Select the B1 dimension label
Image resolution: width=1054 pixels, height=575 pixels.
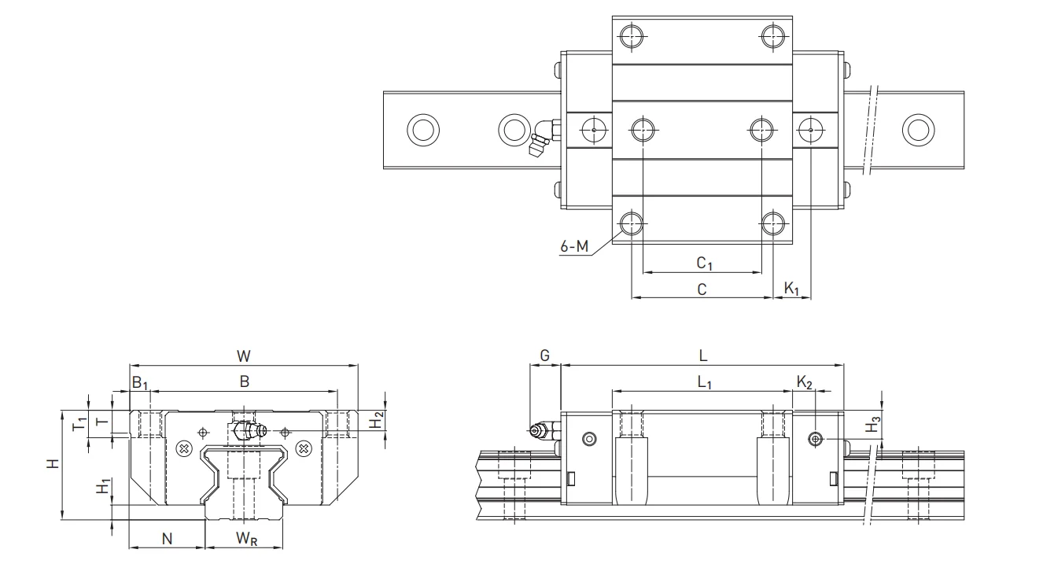(x=139, y=383)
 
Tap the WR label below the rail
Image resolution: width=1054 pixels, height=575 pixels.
(x=245, y=539)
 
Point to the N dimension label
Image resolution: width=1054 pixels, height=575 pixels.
(x=167, y=539)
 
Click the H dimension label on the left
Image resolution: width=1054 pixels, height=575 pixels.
(x=52, y=464)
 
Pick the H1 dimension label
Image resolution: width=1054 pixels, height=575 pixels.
(x=101, y=487)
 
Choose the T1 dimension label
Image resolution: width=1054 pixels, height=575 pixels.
(x=79, y=424)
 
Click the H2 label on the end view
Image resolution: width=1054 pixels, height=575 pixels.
(x=378, y=420)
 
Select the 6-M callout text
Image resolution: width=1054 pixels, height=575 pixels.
(x=574, y=246)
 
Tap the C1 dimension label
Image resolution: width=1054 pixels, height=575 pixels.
(x=704, y=263)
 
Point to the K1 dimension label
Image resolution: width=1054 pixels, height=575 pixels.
(x=792, y=289)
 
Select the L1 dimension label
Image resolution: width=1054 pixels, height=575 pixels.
(x=704, y=383)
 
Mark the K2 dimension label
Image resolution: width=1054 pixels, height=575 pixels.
(x=804, y=382)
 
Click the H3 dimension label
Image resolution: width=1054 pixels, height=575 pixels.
(x=872, y=427)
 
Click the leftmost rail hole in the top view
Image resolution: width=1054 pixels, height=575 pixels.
(x=423, y=128)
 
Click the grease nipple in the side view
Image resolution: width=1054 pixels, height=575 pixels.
(x=538, y=430)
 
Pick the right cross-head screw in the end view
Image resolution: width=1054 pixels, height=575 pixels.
(x=304, y=448)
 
